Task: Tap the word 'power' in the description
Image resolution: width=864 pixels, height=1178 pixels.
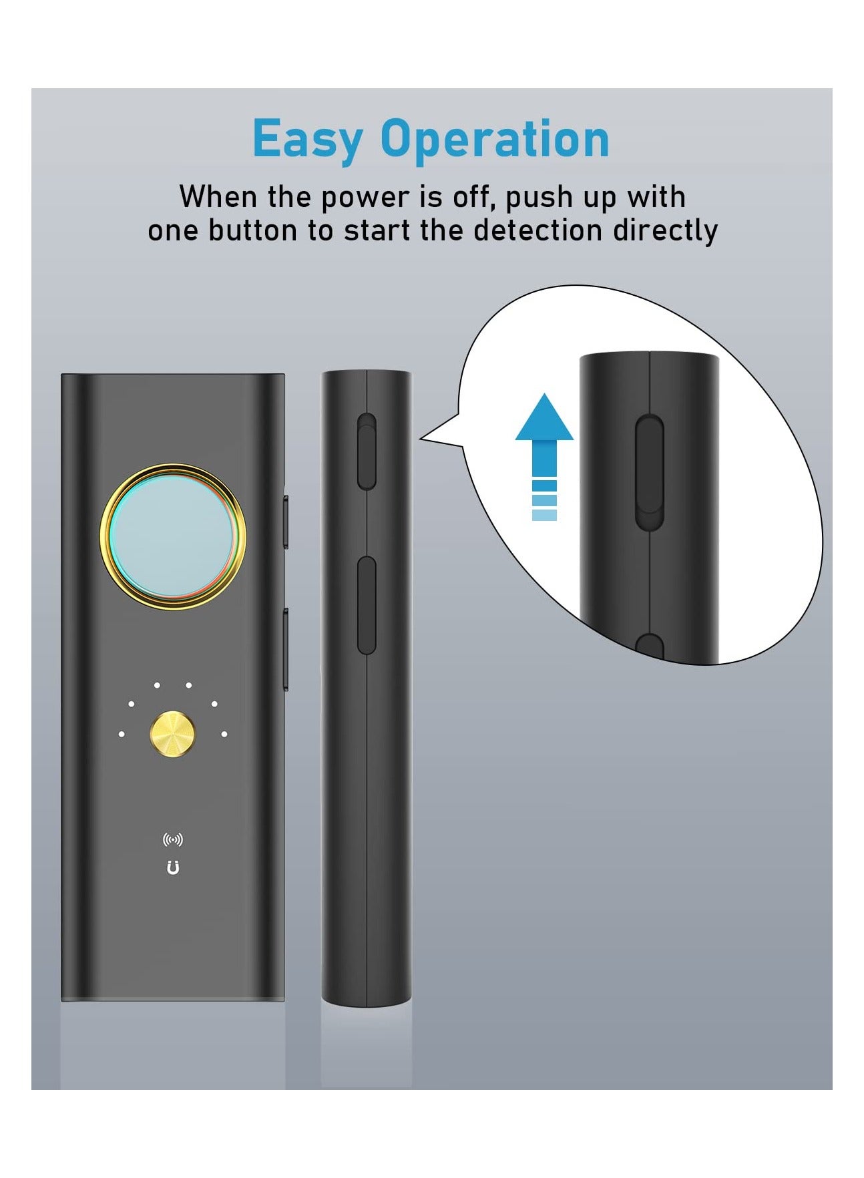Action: tap(363, 198)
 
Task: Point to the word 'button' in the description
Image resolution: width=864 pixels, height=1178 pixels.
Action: tap(252, 230)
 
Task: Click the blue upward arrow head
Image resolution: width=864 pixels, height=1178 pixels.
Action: tap(544, 416)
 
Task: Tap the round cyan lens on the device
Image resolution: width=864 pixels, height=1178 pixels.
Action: tap(173, 537)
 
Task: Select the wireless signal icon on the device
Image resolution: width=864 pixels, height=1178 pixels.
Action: tap(173, 839)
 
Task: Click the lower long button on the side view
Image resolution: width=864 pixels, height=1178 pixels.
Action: tap(367, 605)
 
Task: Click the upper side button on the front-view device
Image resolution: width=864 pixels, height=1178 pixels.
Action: tap(285, 522)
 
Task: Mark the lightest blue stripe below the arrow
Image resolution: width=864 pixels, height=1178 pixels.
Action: tap(544, 515)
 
